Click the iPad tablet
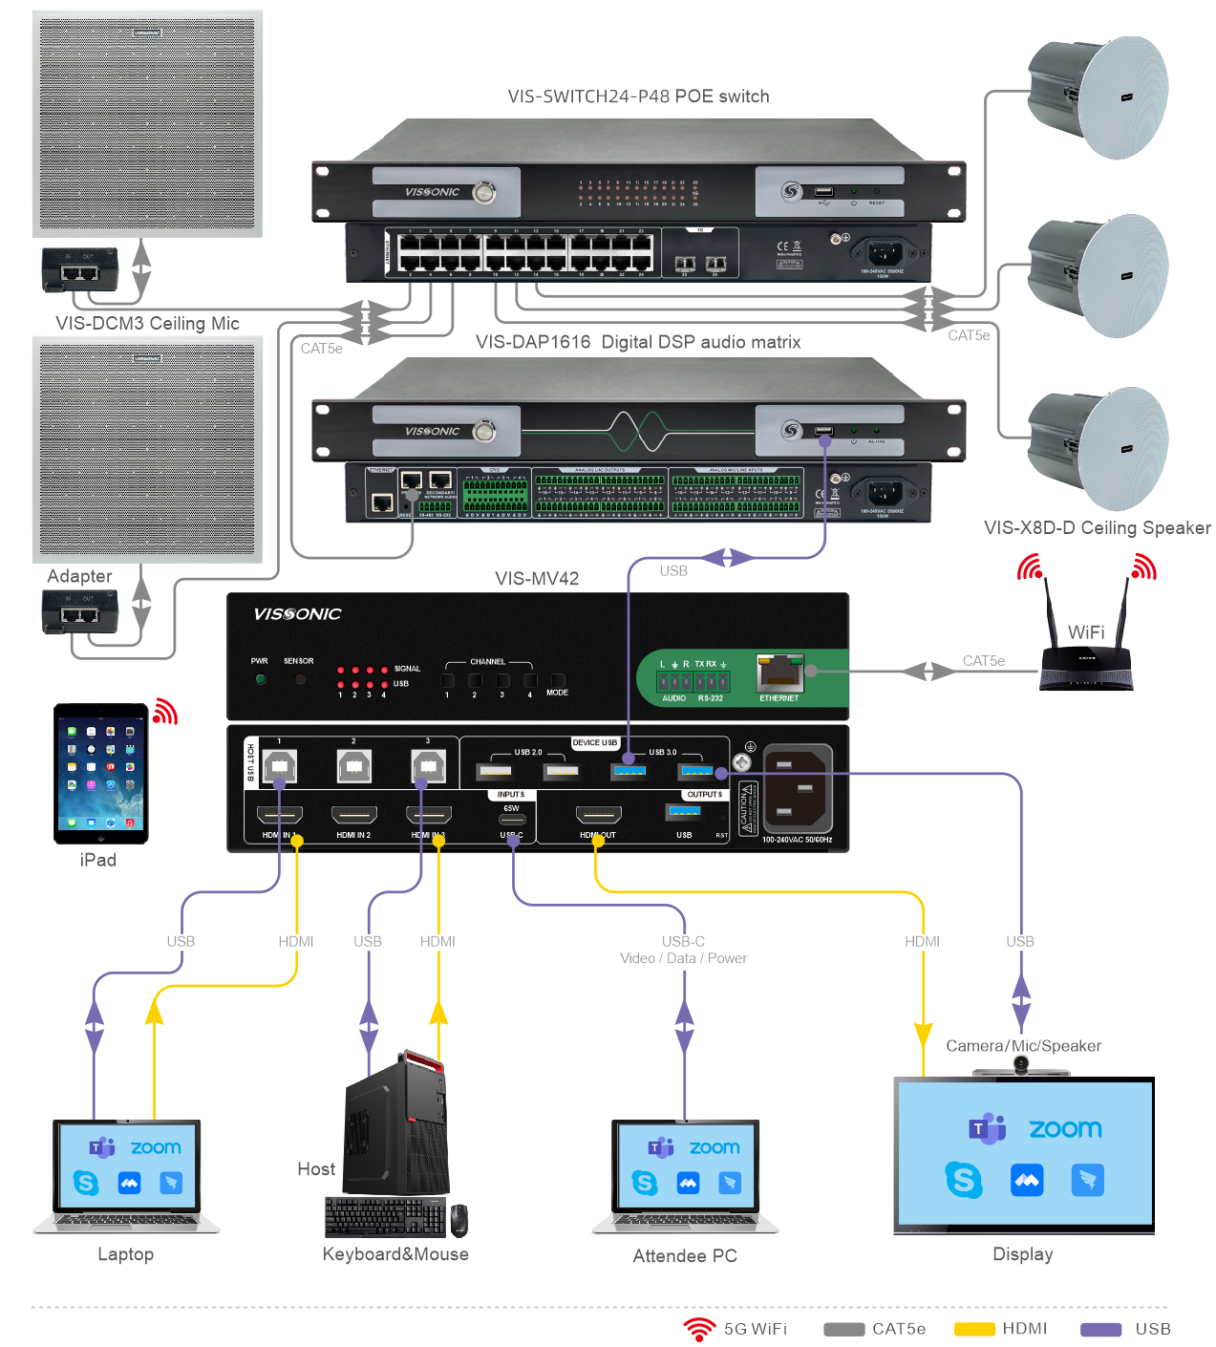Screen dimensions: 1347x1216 (101, 773)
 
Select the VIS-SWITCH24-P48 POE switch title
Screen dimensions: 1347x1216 (638, 96)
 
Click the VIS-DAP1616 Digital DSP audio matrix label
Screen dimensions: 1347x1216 (638, 342)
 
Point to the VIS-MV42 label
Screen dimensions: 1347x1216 (537, 578)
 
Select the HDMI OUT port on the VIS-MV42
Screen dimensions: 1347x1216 (598, 815)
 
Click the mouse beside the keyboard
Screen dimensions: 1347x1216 (459, 1220)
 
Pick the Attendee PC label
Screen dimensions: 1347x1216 (685, 1255)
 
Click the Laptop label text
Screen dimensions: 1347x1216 (125, 1254)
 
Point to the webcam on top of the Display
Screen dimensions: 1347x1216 (1021, 1065)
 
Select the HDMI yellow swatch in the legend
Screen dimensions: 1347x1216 (974, 1329)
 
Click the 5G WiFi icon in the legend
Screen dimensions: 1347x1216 (699, 1329)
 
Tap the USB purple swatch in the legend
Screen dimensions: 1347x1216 (1100, 1329)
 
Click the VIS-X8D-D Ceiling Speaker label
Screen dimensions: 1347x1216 (1097, 527)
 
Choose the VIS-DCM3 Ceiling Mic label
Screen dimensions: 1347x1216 (147, 323)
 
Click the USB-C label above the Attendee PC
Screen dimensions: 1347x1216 (683, 941)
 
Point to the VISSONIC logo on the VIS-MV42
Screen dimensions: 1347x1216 (297, 614)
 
